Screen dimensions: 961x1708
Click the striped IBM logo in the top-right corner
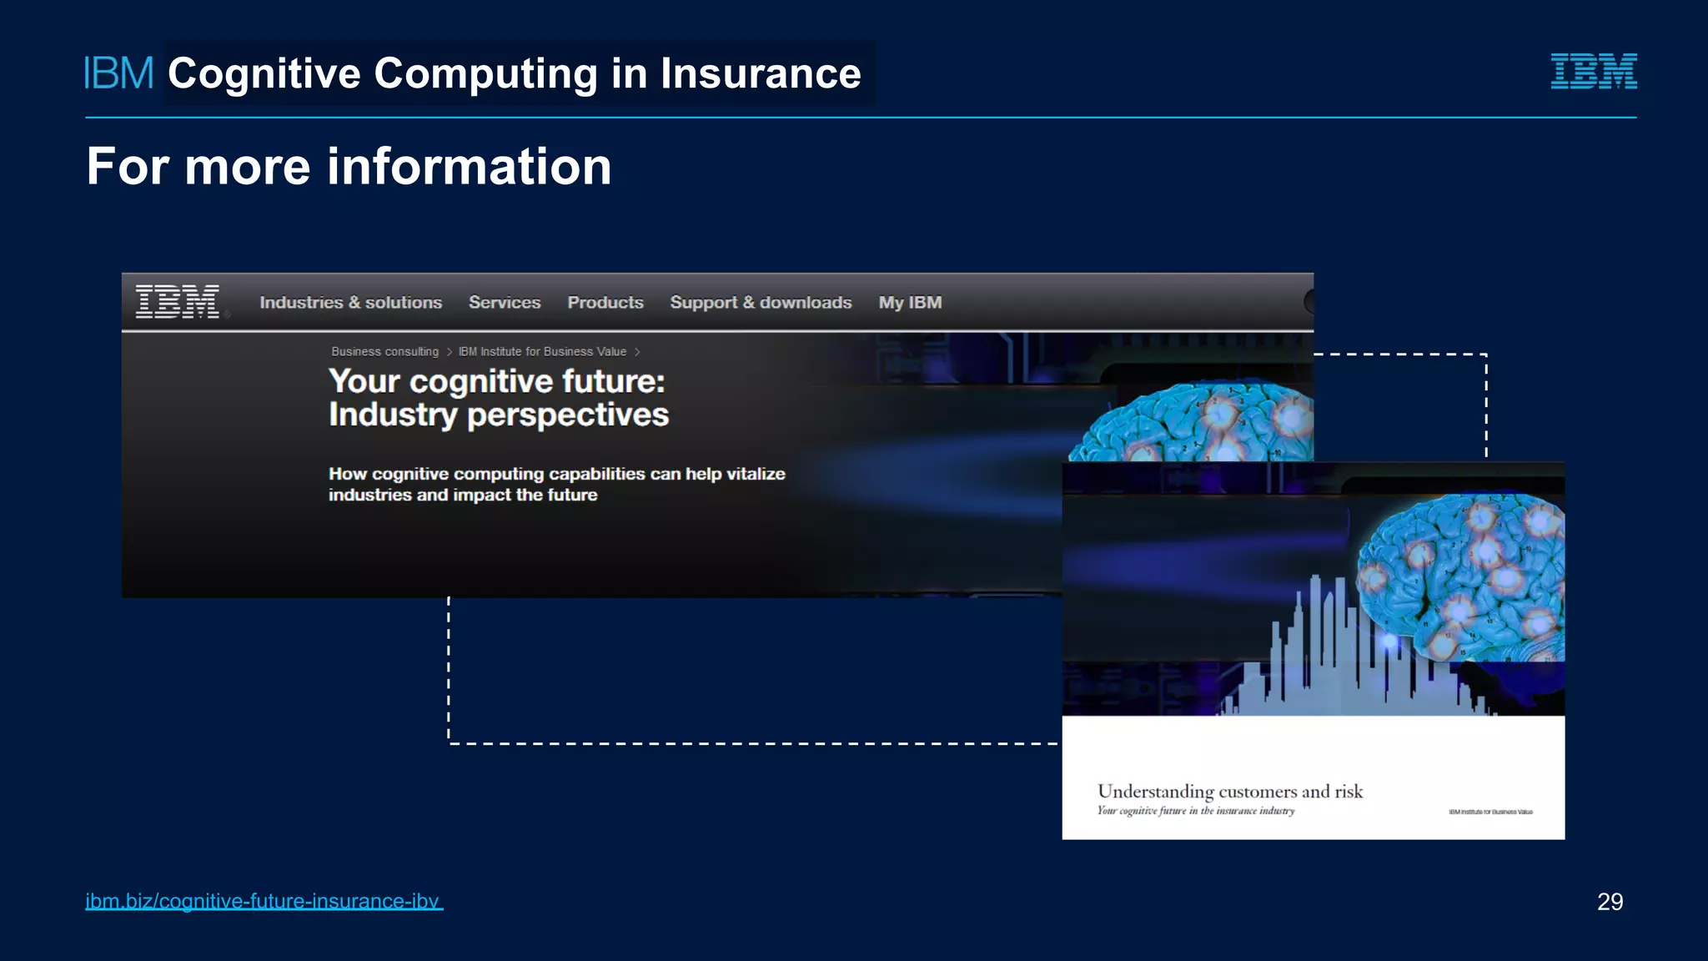(1593, 71)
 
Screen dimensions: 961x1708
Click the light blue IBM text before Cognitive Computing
(119, 73)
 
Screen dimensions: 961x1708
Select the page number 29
(1610, 901)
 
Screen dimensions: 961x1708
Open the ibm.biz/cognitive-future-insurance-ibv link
(264, 901)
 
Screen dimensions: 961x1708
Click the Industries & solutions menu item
(350, 303)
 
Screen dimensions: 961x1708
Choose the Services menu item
(505, 303)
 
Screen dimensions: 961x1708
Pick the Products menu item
(605, 303)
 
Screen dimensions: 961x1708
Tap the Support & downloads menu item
(761, 303)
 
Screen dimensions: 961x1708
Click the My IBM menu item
(910, 303)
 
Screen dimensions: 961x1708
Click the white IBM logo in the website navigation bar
(178, 301)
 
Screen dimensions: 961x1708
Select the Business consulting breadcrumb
(384, 352)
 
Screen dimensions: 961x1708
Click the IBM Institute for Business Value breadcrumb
(542, 352)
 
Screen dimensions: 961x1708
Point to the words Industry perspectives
(499, 415)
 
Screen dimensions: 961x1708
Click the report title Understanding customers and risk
(1230, 791)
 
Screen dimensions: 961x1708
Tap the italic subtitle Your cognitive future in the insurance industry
(1196, 811)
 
